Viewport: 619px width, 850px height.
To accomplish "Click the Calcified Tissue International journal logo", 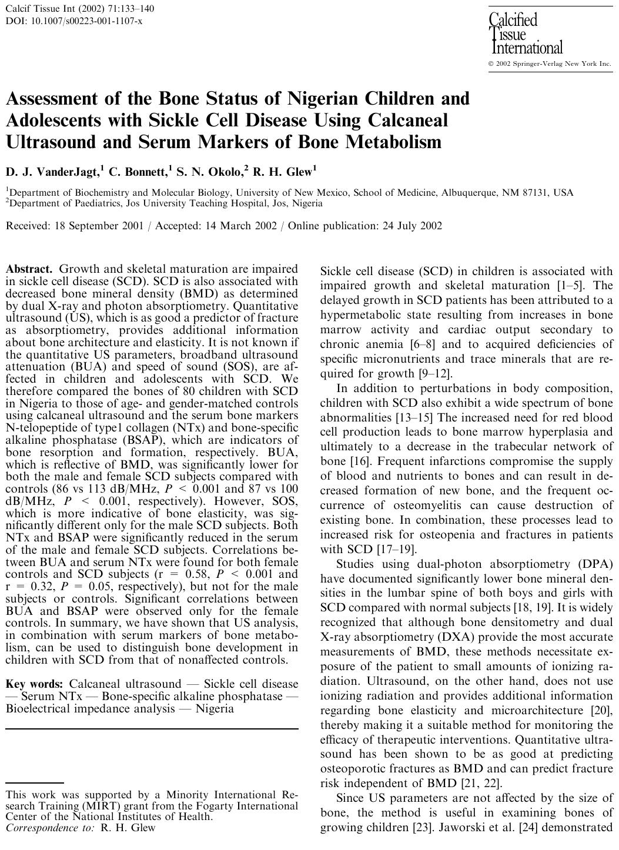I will coord(525,34).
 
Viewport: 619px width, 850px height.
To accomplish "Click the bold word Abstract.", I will coord(29,269).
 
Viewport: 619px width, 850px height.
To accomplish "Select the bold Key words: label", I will coord(35,684).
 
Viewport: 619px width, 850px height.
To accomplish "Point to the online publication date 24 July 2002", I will coord(410,226).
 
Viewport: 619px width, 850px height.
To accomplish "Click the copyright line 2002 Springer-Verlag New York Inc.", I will coord(553,63).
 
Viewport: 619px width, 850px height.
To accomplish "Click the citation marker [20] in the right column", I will coord(601,711).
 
